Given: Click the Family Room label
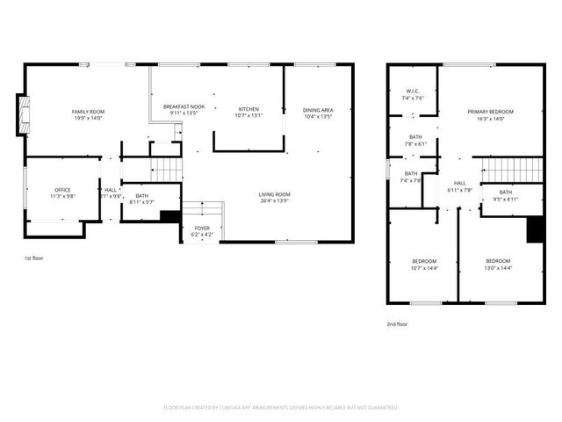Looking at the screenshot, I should tap(88, 113).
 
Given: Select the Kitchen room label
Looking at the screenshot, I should tap(249, 112).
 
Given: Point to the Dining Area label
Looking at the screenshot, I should tap(318, 112).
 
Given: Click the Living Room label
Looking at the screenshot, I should tap(274, 197).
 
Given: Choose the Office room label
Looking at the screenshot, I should tap(62, 193).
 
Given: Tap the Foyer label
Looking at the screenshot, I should tap(202, 231).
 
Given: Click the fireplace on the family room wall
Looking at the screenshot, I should tap(22, 115).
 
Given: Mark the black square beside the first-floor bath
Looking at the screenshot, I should tap(170, 215).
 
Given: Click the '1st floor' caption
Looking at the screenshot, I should tap(33, 258).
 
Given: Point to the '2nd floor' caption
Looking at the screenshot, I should tap(397, 324).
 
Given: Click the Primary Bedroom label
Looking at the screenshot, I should tap(490, 114).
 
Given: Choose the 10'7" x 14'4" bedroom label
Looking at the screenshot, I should tap(424, 265).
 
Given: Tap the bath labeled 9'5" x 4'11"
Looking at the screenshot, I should tap(505, 195).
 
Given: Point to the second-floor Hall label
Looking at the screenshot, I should tap(460, 186).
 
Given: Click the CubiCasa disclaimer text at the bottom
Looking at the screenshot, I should tap(281, 408).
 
